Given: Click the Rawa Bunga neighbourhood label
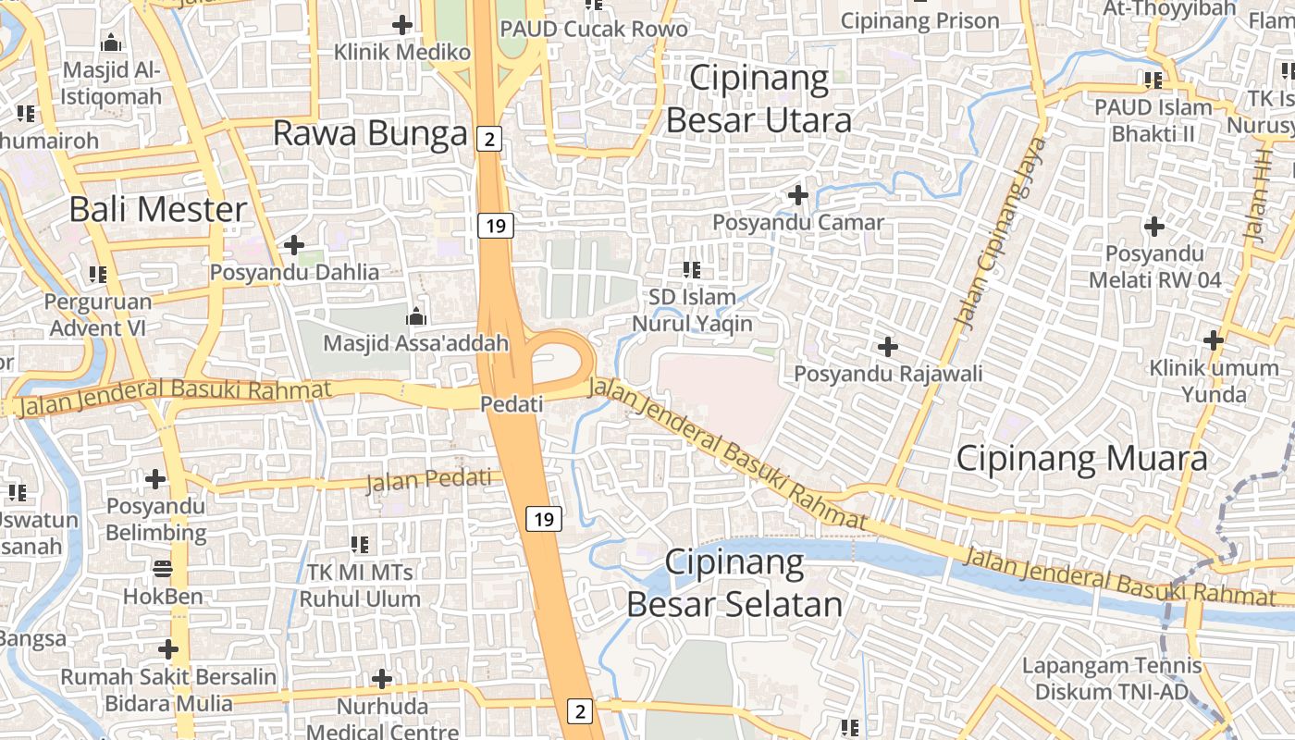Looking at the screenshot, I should tap(370, 134).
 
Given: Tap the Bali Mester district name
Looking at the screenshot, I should tap(158, 210).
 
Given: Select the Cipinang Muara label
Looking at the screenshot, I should tap(1081, 459).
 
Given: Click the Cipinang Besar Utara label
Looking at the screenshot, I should tap(758, 99).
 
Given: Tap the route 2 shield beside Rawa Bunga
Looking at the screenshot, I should tap(489, 140).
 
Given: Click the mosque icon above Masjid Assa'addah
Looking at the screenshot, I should tap(415, 316).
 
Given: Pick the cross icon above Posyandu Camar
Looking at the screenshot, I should tap(797, 195).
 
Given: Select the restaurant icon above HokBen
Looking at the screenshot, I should tap(163, 568).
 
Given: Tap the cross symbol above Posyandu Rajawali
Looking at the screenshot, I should tap(888, 347).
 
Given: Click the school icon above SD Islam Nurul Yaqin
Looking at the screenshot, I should tap(691, 270).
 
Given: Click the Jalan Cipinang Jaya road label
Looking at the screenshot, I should tap(1002, 233).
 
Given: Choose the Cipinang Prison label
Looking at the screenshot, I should tap(920, 21).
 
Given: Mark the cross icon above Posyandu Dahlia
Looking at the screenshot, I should tap(294, 245).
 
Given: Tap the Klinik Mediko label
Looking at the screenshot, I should tap(402, 52).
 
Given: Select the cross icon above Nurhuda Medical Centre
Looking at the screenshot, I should tap(382, 680).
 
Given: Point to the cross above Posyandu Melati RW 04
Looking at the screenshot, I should tap(1154, 226).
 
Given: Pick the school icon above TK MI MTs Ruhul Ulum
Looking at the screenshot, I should tap(360, 545).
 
